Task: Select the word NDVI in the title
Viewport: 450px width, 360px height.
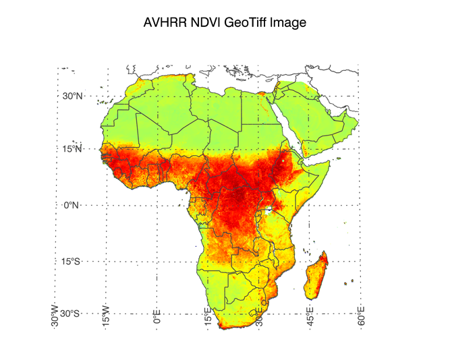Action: [x=206, y=23]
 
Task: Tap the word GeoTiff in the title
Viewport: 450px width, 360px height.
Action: [x=246, y=23]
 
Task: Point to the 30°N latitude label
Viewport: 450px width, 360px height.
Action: [x=72, y=96]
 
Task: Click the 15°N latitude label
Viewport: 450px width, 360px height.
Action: [x=72, y=149]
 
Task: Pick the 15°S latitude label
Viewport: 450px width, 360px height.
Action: [x=72, y=262]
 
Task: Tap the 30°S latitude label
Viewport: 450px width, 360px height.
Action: [x=72, y=314]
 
